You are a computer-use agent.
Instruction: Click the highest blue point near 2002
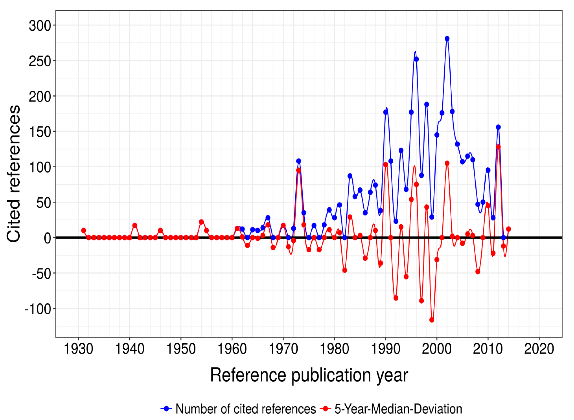(x=447, y=39)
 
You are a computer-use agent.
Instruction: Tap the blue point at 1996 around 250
(x=416, y=59)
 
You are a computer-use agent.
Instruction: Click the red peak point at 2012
(x=498, y=147)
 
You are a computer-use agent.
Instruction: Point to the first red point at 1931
(x=84, y=231)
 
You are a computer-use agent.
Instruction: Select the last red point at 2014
(x=508, y=229)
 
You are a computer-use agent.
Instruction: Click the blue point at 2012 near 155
(x=498, y=127)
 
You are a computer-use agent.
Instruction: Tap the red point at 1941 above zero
(x=135, y=225)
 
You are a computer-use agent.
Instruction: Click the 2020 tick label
(x=539, y=349)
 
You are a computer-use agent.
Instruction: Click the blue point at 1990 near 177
(x=386, y=112)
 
